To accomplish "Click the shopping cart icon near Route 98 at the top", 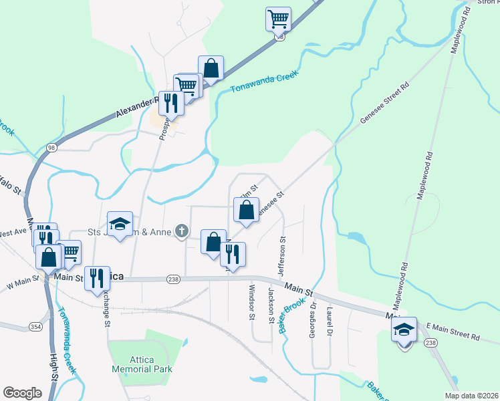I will pos(278,18).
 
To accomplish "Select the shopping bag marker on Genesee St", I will pos(247,209).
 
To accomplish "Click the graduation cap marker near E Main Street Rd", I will pos(404,329).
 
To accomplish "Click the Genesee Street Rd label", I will pos(384,104).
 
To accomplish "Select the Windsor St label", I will pos(252,301).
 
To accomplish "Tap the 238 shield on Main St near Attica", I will pos(173,279).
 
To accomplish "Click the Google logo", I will pos(22,393).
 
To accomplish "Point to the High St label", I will pos(54,368).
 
